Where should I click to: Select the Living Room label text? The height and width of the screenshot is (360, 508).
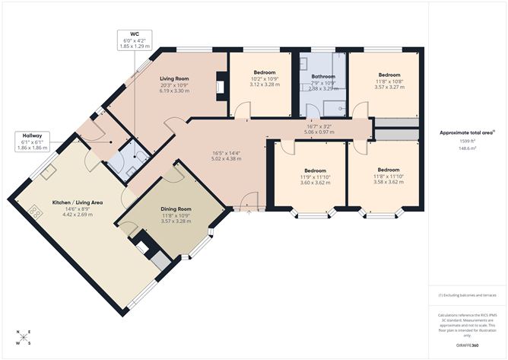pos(174,79)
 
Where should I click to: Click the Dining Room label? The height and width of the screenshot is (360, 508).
pos(176,209)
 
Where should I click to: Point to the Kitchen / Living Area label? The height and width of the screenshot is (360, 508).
pos(77,203)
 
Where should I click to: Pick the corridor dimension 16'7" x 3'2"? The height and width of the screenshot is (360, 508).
pos(319,128)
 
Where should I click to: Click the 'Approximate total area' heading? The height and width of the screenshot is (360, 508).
pos(466,132)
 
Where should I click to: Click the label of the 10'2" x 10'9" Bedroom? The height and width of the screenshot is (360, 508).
pos(265,73)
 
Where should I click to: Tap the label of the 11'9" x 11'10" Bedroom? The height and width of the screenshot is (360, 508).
pos(314,170)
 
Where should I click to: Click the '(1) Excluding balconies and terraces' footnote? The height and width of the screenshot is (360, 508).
pos(466,295)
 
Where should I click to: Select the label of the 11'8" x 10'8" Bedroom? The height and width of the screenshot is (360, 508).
pos(389,75)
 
